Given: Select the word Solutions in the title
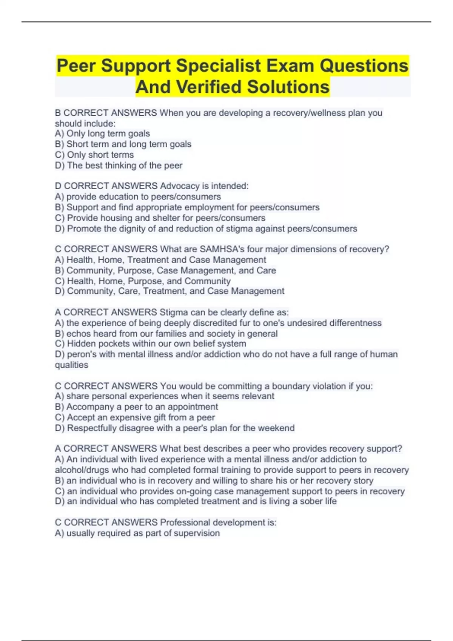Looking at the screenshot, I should point(288,87).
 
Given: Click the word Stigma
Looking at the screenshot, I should point(174,312).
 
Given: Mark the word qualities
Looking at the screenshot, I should point(71,365).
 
